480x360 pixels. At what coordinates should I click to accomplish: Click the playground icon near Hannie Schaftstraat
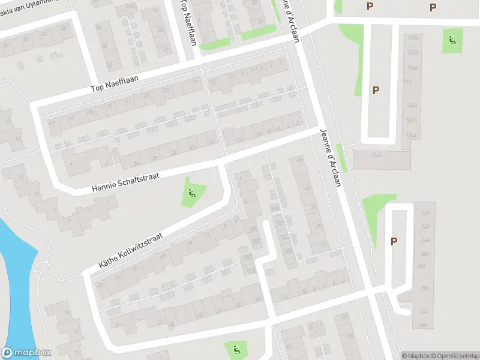[x=192, y=193]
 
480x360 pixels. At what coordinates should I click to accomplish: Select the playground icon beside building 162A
[x=452, y=41]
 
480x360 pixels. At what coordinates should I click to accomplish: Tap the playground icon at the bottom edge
[x=236, y=349]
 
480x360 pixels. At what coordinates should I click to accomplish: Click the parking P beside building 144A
[x=376, y=91]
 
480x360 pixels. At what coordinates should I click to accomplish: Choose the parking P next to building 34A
[x=394, y=241]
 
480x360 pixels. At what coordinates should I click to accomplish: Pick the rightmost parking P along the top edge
[x=433, y=7]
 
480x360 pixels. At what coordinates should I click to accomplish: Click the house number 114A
[x=377, y=155]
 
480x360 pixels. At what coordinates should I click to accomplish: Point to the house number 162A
[x=412, y=38]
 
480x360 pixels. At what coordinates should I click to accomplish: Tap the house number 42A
[x=427, y=213]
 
